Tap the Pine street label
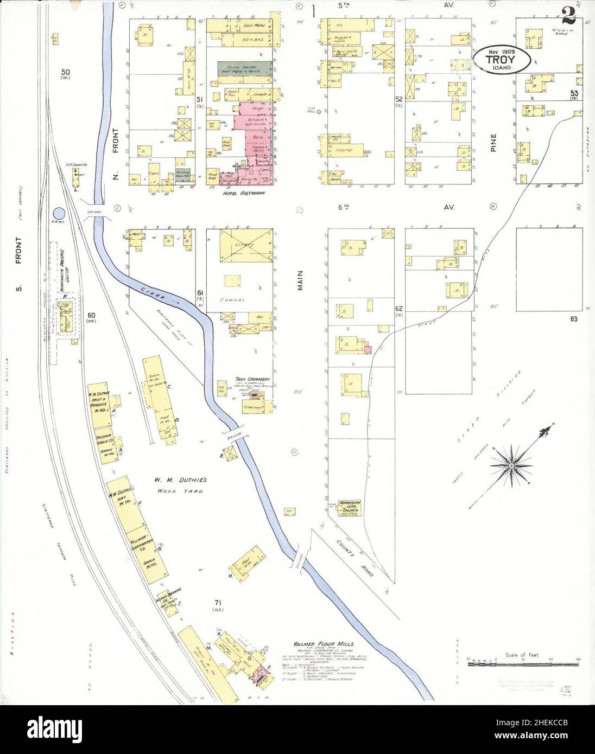coord(494,143)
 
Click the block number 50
coord(65,72)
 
